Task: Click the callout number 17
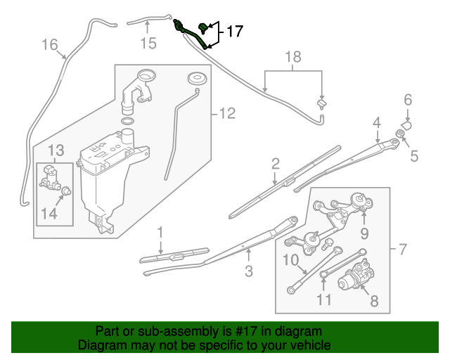pos(233,32)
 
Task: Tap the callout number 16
pos(49,45)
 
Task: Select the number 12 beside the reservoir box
pos(226,113)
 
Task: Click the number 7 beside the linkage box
pos(402,249)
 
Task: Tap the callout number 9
pos(364,233)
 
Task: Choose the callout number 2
pos(276,165)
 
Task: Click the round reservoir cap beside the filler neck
pos(197,77)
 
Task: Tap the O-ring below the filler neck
pos(128,122)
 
